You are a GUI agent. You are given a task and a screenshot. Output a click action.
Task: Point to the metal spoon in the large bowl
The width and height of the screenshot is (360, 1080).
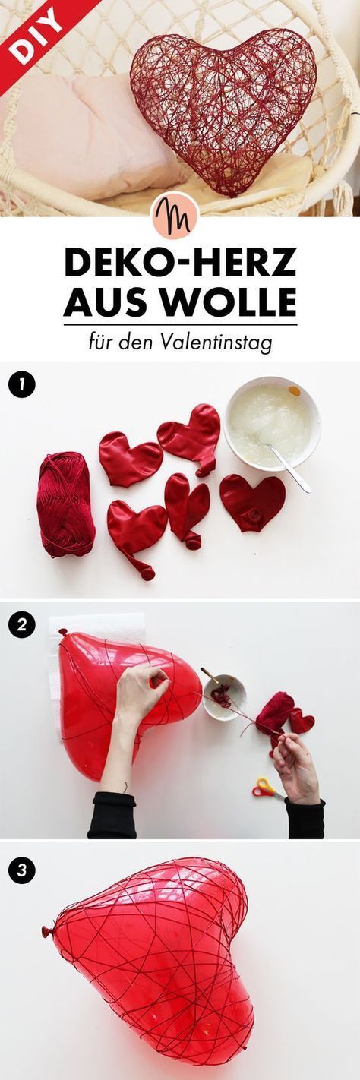(x=287, y=466)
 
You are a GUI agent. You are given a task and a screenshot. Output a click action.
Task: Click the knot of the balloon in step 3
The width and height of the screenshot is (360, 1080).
(x=46, y=931)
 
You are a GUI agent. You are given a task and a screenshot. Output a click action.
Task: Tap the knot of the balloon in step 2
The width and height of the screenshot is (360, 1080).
(x=62, y=632)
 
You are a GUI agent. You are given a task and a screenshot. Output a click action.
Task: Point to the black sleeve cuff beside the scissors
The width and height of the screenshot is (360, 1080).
(x=305, y=818)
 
